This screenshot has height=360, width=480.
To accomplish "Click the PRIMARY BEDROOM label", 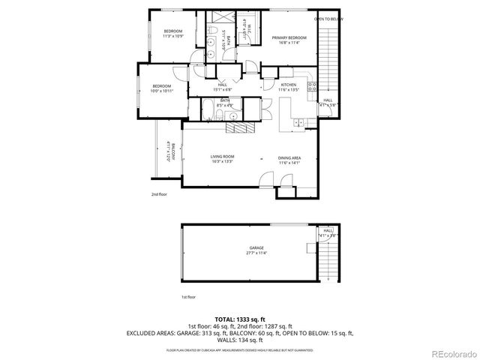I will click(x=284, y=38).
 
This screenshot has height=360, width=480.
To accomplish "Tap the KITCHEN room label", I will click(x=289, y=85).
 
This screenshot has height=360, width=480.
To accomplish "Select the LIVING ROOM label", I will click(x=223, y=155).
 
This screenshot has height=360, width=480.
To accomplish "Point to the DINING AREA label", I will click(x=289, y=157).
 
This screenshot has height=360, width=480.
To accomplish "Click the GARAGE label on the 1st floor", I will click(x=256, y=247).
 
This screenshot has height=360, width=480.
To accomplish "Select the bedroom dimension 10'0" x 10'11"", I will click(x=163, y=91).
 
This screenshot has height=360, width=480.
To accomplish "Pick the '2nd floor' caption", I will click(x=158, y=193).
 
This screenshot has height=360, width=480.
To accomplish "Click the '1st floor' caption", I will click(x=187, y=297).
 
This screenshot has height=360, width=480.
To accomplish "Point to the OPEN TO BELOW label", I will click(x=328, y=19).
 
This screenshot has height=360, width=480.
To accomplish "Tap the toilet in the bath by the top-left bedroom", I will click(x=213, y=32).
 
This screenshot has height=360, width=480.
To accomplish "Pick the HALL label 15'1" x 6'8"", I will click(x=222, y=87).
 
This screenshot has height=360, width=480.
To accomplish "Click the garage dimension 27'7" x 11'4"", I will click(x=256, y=253).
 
